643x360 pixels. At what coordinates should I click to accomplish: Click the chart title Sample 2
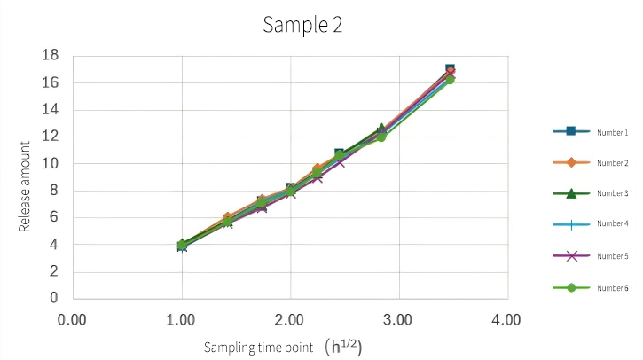point(302,25)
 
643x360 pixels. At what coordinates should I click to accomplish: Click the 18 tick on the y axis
point(51,56)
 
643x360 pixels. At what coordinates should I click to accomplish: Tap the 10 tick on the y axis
point(51,164)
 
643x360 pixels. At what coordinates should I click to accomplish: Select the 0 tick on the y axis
point(55,299)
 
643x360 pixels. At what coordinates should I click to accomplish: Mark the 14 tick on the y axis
point(51,110)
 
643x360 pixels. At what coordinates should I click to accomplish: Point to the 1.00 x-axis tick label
point(182,318)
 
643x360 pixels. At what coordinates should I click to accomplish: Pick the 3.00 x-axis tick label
point(399,318)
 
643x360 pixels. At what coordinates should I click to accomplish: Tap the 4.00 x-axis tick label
point(507,318)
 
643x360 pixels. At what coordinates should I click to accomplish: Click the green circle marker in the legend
point(571,288)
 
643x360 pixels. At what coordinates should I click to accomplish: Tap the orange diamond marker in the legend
point(571,163)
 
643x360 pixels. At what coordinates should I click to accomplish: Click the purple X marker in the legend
point(571,256)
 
